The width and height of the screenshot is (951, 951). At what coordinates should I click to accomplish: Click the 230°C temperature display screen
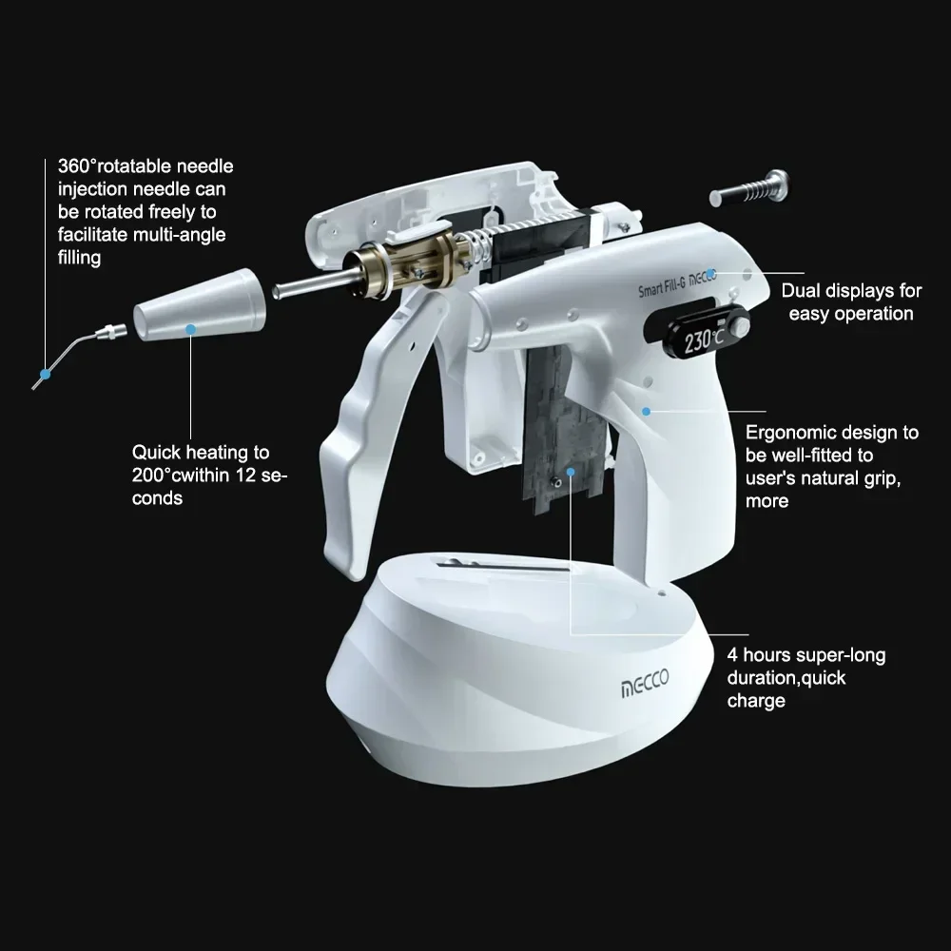coord(703,339)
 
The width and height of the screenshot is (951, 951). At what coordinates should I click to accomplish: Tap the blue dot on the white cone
coord(191,328)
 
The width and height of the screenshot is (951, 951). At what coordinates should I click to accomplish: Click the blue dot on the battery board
coord(571,470)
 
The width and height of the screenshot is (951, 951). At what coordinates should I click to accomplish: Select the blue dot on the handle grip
coord(646,412)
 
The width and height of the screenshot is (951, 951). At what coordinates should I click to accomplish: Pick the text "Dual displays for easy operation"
coord(850,302)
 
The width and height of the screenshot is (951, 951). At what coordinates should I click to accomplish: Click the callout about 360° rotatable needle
coord(145,211)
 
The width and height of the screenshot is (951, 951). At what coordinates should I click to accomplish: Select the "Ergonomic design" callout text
coord(831,466)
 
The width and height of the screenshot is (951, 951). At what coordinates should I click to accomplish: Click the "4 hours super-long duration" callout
coord(805,677)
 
